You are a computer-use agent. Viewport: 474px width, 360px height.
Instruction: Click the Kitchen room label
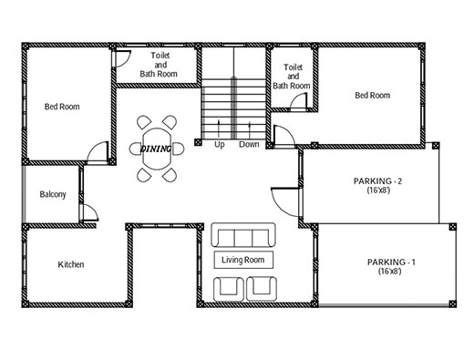(x=71, y=264)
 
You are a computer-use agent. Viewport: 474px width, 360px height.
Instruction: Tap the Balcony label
(x=53, y=194)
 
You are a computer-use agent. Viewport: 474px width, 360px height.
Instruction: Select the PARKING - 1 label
(x=391, y=262)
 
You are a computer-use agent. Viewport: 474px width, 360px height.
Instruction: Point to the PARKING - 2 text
(x=377, y=181)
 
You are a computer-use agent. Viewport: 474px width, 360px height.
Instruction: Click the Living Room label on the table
(x=242, y=260)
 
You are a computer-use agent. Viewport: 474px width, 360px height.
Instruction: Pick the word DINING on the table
(x=155, y=149)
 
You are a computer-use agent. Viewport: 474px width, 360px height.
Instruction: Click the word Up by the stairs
(x=220, y=145)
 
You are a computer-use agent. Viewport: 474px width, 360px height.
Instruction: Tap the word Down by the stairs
(x=249, y=144)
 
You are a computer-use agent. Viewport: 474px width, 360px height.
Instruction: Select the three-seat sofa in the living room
(x=243, y=235)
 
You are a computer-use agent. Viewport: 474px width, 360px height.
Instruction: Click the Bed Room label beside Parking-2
(x=373, y=96)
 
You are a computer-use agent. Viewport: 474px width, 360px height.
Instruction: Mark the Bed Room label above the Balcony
(x=62, y=107)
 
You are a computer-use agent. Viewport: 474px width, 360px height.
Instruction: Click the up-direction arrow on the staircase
(x=219, y=129)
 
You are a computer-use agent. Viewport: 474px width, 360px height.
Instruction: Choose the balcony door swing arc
(x=94, y=209)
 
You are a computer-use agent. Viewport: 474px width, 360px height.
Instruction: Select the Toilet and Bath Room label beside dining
(x=159, y=65)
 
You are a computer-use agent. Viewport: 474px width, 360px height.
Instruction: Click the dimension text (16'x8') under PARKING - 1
(x=390, y=272)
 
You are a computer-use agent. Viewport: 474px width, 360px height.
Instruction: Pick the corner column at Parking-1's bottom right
(x=452, y=303)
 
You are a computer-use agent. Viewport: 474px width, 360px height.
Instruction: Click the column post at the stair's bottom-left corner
(x=198, y=142)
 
